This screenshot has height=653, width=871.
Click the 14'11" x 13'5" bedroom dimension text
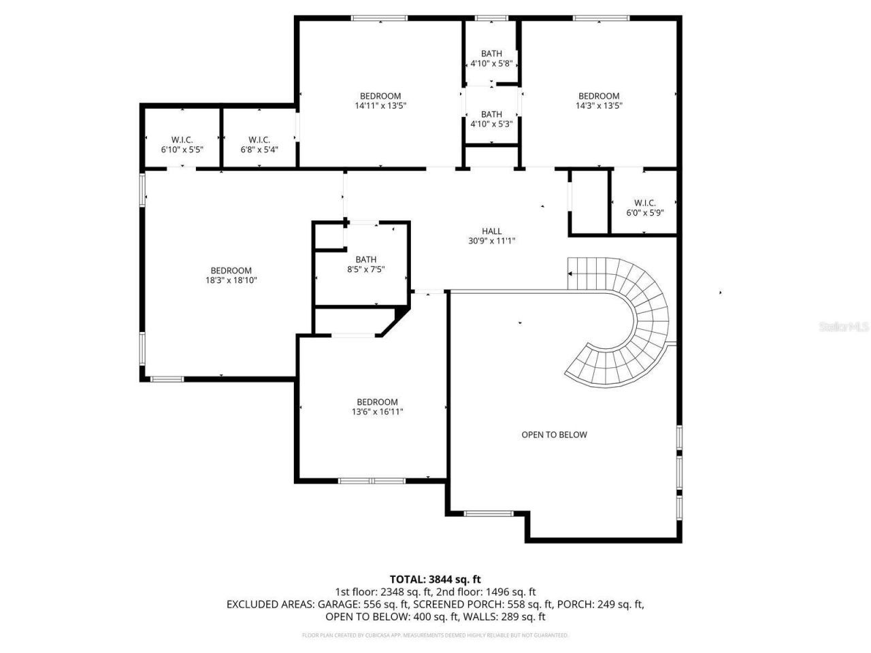[x=380, y=105]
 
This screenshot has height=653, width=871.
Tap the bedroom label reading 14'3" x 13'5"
[x=599, y=105]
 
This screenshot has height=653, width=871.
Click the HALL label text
[x=491, y=231]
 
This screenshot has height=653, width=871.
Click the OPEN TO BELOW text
[x=554, y=435]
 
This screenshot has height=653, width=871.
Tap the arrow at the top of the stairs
[x=570, y=273]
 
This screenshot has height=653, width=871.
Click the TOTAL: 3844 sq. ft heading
[x=435, y=580]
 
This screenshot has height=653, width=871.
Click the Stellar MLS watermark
[x=844, y=327]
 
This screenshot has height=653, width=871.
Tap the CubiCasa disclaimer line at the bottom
[x=435, y=635]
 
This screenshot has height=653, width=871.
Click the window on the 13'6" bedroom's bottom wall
[x=372, y=481]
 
